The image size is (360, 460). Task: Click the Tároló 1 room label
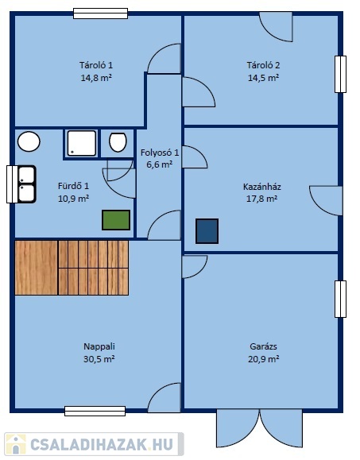tap(96, 65)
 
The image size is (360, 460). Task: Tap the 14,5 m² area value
tap(263, 78)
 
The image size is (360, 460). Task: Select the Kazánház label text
tap(262, 187)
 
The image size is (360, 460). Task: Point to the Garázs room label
tap(263, 346)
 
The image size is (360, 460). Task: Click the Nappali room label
tap(99, 346)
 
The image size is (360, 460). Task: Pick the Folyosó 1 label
tap(159, 153)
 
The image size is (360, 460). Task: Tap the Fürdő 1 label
tap(73, 186)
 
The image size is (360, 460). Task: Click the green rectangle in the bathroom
tap(116, 220)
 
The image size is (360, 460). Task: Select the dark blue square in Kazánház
tap(207, 231)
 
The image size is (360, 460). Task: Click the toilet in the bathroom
tap(118, 142)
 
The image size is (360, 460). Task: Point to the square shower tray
tap(82, 143)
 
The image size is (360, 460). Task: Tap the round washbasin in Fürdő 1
tap(29, 141)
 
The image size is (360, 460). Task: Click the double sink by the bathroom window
tap(27, 184)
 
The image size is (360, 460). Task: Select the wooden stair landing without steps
tap(36, 268)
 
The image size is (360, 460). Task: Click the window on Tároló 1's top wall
tap(100, 14)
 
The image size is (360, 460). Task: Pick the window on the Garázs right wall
tap(340, 299)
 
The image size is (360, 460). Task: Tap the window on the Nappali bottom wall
tap(95, 411)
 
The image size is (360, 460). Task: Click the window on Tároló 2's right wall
tap(340, 74)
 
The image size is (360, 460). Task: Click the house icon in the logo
tap(16, 444)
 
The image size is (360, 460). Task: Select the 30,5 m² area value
tap(99, 359)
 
